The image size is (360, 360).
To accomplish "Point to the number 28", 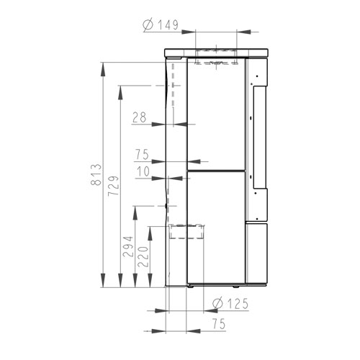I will [x=140, y=116].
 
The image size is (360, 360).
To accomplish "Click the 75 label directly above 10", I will [x=141, y=154].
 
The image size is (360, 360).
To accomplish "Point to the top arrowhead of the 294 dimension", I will [x=135, y=210].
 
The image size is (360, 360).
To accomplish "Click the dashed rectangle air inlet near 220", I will [x=186, y=231].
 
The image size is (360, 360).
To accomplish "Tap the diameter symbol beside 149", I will [x=146, y=26].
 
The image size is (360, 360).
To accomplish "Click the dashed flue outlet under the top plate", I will [x=216, y=63].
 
